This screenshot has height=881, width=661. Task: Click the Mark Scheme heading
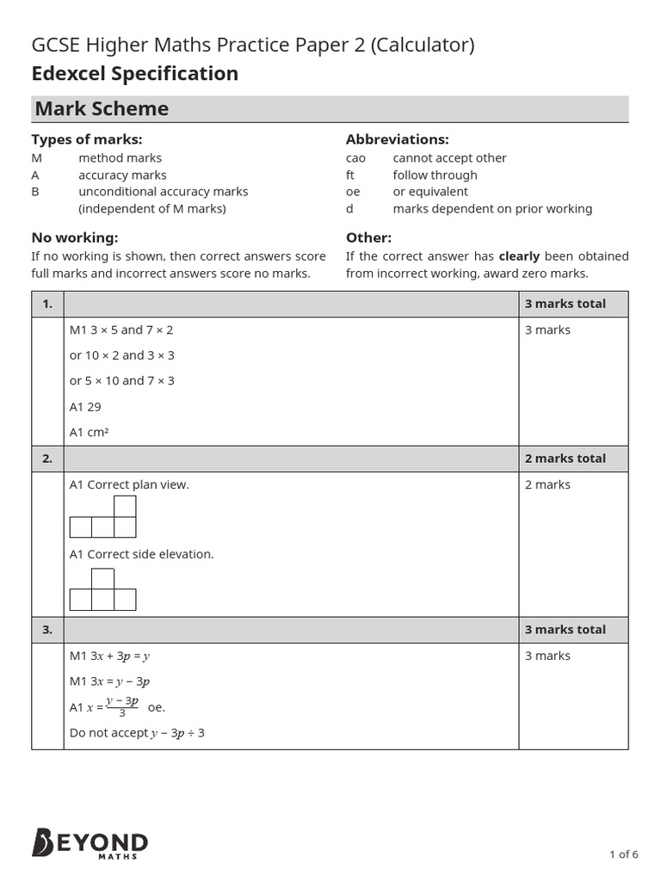[102, 108]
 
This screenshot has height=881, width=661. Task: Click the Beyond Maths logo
[90, 843]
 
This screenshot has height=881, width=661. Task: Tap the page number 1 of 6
[623, 854]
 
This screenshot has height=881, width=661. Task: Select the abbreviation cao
[355, 157]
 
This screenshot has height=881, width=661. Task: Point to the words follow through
[435, 175]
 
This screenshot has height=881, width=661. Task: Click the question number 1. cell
[47, 304]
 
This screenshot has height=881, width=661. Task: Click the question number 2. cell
[47, 459]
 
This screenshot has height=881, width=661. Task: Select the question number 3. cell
[47, 630]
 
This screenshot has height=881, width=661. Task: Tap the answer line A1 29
[85, 406]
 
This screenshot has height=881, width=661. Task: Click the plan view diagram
[103, 517]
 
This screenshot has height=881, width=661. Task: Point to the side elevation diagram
[103, 589]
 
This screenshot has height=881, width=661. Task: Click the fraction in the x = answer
[122, 706]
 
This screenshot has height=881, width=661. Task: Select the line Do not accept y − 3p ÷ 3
[137, 733]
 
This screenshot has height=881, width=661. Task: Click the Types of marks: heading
[87, 139]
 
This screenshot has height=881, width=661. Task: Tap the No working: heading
[75, 237]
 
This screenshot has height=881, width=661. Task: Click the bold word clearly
[519, 256]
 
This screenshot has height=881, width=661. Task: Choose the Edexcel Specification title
[135, 74]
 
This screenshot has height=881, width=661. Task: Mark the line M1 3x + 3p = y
[110, 656]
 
